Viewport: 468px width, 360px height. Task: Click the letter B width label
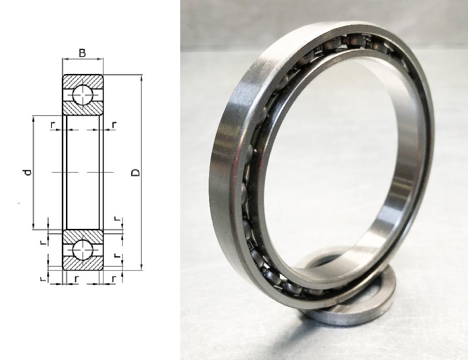click(82, 53)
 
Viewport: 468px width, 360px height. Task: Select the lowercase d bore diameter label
click(28, 172)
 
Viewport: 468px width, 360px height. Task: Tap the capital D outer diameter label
click(136, 173)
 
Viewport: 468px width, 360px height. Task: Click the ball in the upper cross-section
click(83, 95)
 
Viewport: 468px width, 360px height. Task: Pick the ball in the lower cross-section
click(83, 250)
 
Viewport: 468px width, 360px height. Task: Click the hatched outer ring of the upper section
click(83, 81)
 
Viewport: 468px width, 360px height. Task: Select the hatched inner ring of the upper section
click(83, 108)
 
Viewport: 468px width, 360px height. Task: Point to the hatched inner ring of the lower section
click(83, 237)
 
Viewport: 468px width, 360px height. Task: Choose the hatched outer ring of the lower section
click(83, 264)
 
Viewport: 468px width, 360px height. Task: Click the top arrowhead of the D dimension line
click(141, 78)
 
